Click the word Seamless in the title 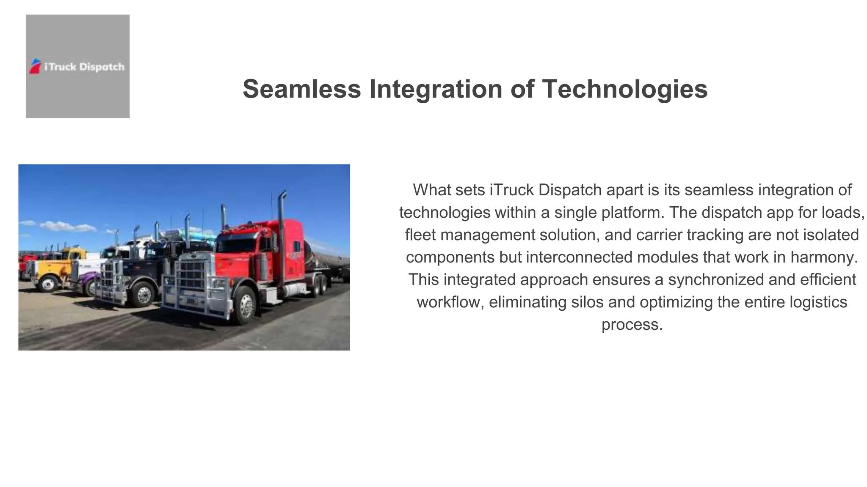(301, 89)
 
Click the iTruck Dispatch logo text (84, 67)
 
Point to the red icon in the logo (35, 66)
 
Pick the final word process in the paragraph (632, 324)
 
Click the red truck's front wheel (246, 305)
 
